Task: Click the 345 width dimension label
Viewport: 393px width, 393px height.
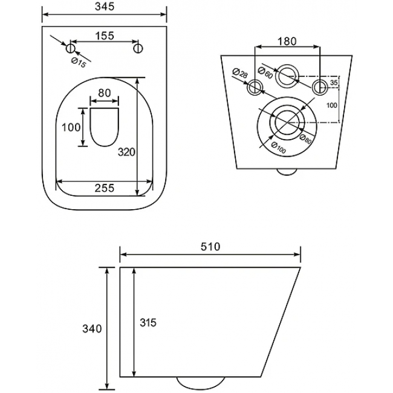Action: coord(105,7)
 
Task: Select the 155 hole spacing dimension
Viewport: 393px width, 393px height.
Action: coord(105,36)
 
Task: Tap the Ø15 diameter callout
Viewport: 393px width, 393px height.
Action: coord(79,63)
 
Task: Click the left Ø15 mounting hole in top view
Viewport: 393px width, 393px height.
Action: coord(70,48)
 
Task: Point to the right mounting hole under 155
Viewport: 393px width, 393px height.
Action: coord(138,48)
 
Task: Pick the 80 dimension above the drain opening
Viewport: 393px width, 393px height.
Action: coord(104,93)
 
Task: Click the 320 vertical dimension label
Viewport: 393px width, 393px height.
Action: coord(126,152)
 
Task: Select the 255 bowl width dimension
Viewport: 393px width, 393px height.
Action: coord(105,187)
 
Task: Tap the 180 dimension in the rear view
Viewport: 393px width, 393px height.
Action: coord(287,41)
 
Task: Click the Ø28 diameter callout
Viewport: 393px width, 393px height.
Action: coord(240,73)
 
